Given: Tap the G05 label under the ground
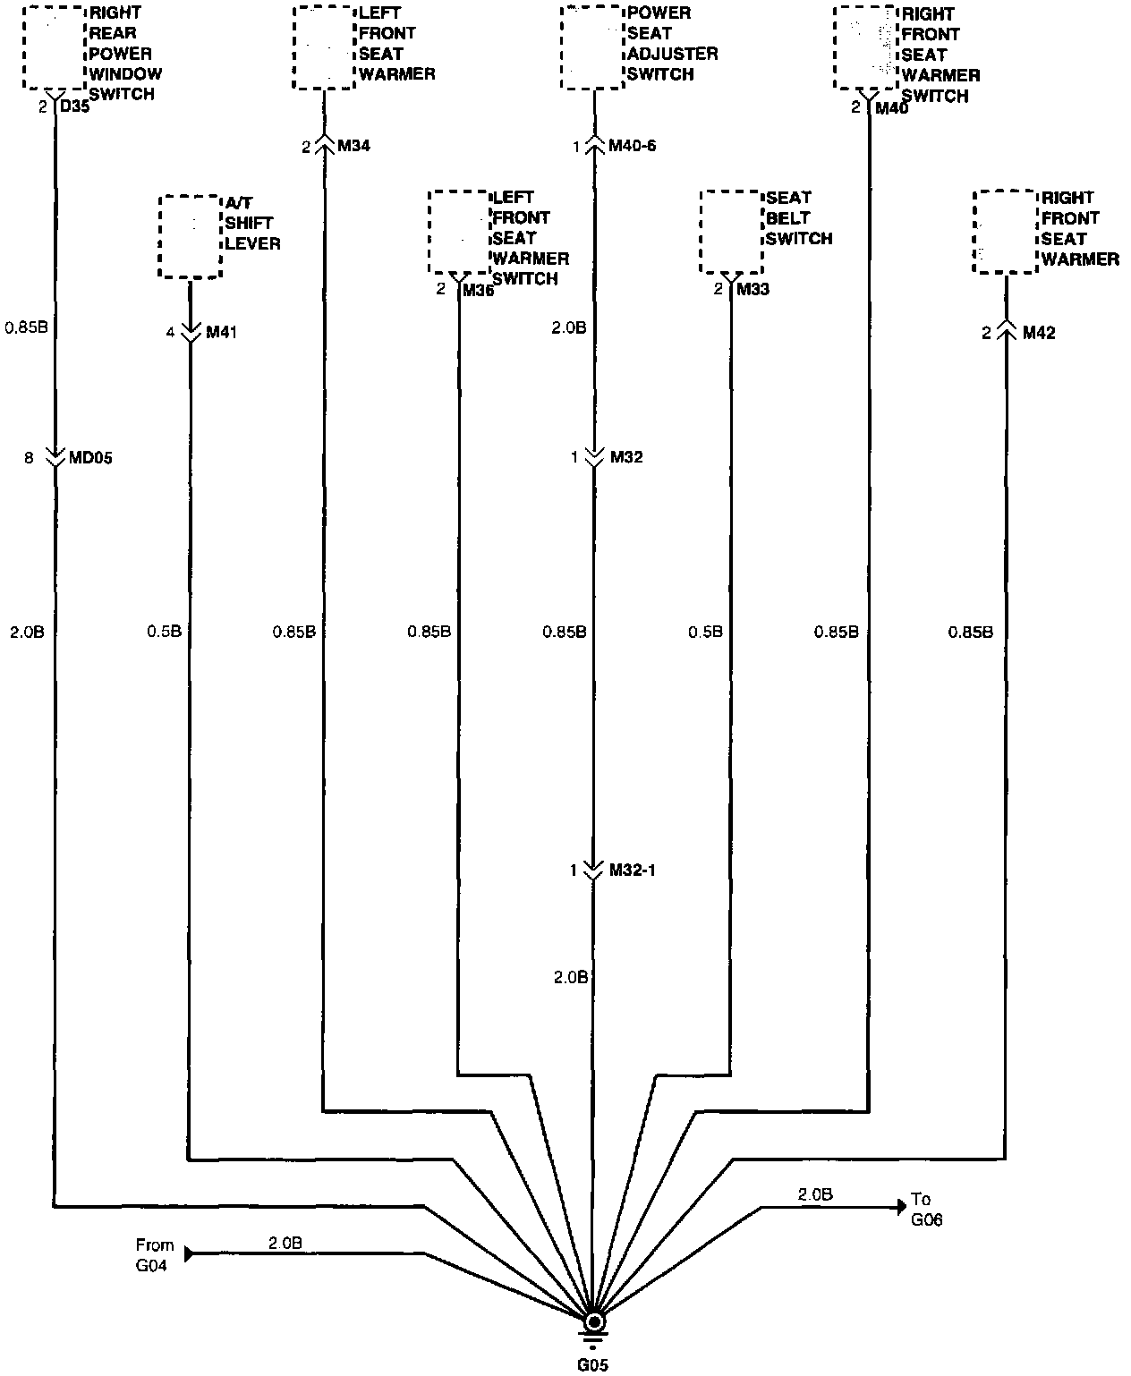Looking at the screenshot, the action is coord(592,1365).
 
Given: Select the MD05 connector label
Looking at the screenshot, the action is coord(91,458).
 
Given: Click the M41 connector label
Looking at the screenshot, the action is coord(222,333).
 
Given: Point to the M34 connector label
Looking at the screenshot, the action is coord(353,146).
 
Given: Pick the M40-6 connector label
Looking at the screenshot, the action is coord(633,145).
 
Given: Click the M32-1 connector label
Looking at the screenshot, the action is coord(633,870).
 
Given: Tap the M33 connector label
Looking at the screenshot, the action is coord(753,289).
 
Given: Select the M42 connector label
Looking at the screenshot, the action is coord(1038,333).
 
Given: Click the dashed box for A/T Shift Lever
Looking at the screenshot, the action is coord(190,237).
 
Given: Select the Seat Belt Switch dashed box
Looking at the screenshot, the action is coord(730,232).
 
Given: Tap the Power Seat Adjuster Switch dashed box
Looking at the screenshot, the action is coord(591,48).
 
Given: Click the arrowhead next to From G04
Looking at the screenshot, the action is coord(190,1253).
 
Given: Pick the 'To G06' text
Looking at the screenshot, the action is coord(926,1209).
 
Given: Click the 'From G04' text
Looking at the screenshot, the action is coord(155,1253).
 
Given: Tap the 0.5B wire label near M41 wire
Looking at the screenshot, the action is coord(165,632).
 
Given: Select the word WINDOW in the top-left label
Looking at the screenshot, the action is coord(125,73).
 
